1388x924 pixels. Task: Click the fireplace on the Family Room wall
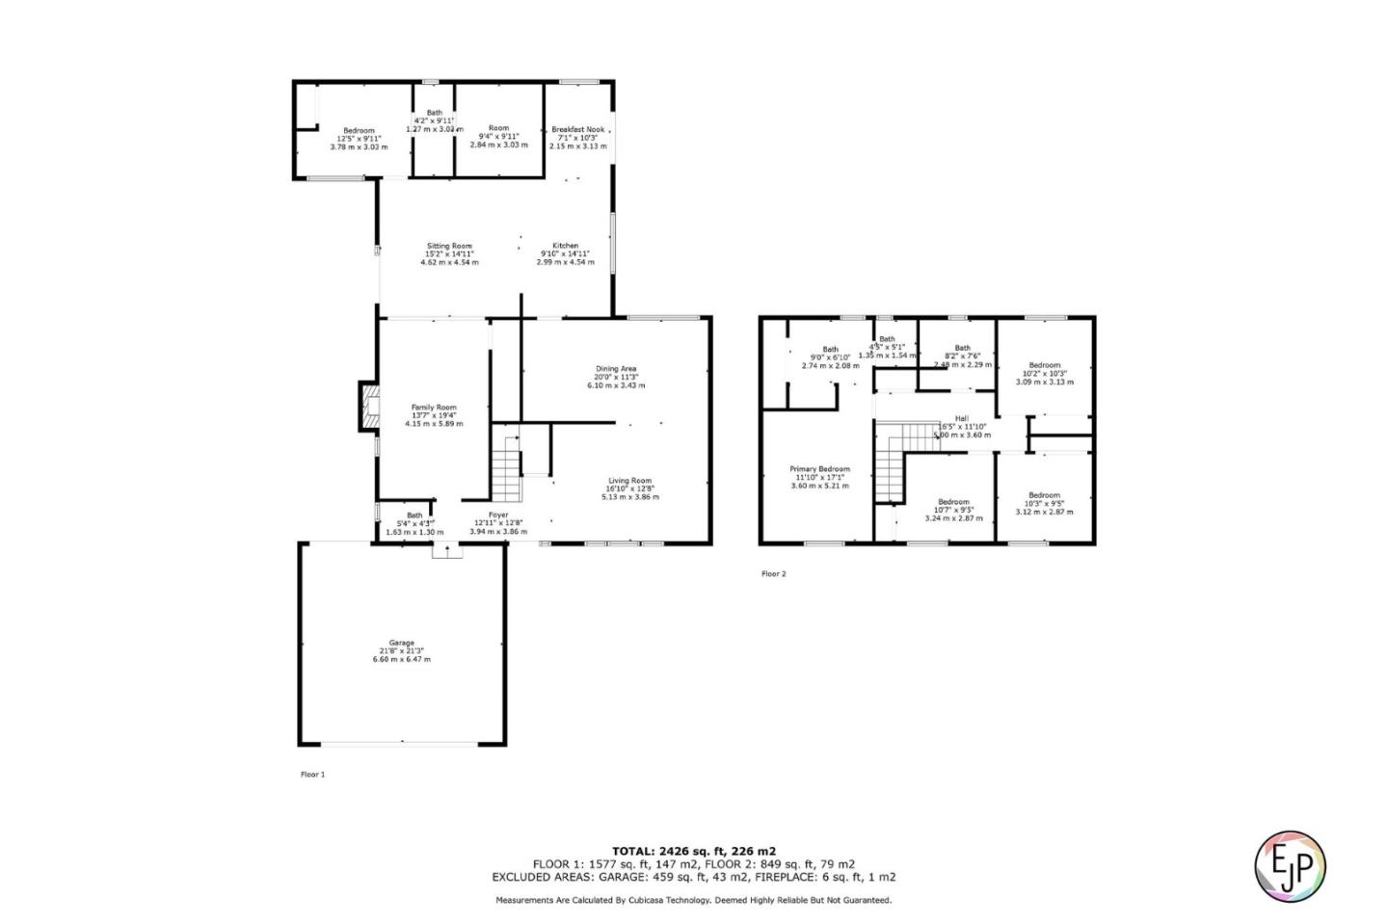367,405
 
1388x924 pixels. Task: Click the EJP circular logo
1290,865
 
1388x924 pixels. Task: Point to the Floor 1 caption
313,774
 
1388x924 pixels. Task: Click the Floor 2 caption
774,573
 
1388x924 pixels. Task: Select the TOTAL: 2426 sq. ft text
693,851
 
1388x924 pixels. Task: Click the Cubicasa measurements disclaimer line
693,900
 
